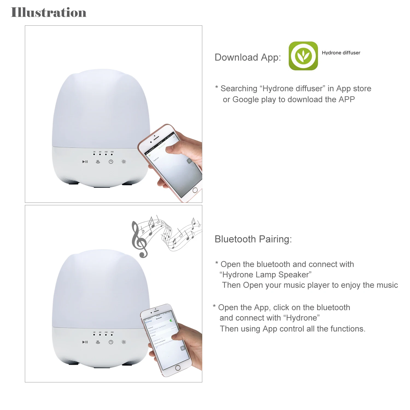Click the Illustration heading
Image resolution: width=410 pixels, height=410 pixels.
(49, 13)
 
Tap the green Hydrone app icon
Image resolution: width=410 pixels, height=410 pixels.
(303, 56)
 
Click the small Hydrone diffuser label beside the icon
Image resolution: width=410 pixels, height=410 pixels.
(341, 53)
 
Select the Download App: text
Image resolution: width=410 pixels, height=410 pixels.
(248, 57)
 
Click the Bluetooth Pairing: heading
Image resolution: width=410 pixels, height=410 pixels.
(253, 239)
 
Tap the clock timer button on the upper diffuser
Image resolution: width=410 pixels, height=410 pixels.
(111, 162)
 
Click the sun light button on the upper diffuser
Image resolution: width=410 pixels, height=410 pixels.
(124, 162)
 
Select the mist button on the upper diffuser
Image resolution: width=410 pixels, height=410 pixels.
(98, 162)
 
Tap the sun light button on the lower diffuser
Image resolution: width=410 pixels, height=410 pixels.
(124, 342)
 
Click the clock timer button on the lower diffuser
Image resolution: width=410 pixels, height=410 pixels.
(111, 342)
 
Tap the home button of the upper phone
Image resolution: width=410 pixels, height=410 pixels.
(195, 190)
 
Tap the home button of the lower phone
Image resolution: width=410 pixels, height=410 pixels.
(178, 368)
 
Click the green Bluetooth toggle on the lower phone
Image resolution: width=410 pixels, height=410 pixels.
(171, 320)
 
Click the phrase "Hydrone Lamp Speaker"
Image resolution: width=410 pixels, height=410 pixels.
(265, 275)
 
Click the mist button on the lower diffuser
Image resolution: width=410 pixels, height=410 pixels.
(98, 342)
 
